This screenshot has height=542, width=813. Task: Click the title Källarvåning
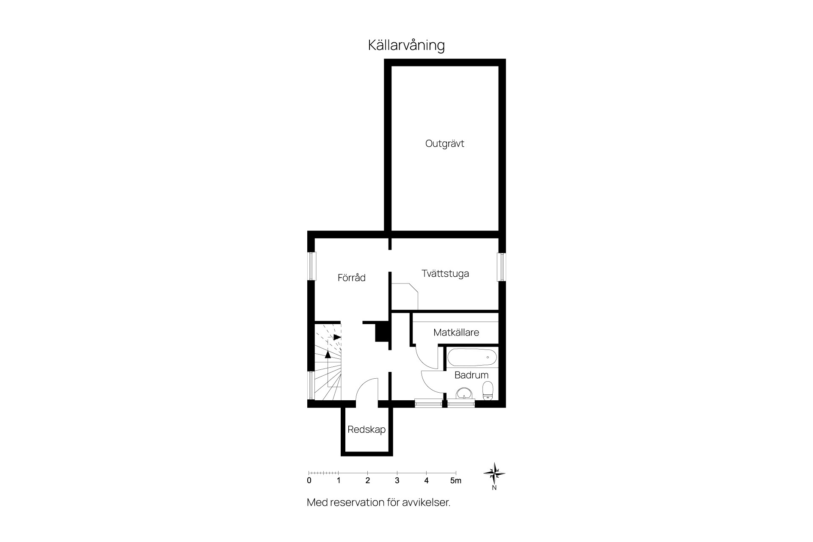pyautogui.click(x=406, y=45)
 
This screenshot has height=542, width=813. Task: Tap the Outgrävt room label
pyautogui.click(x=444, y=144)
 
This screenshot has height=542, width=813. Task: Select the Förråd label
pyautogui.click(x=351, y=278)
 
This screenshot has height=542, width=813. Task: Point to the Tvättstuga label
pyautogui.click(x=445, y=274)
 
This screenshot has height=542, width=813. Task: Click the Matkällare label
pyautogui.click(x=456, y=333)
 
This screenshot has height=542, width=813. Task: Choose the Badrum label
pyautogui.click(x=471, y=375)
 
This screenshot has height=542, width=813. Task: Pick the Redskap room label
pyautogui.click(x=367, y=430)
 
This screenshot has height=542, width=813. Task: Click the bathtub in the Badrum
pyautogui.click(x=472, y=358)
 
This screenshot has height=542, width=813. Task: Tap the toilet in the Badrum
pyautogui.click(x=488, y=390)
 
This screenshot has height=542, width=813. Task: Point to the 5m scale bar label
pyautogui.click(x=456, y=481)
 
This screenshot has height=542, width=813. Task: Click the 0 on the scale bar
pyautogui.click(x=309, y=481)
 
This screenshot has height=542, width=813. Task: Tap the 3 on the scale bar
pyautogui.click(x=397, y=481)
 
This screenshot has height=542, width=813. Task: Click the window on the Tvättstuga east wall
pyautogui.click(x=501, y=267)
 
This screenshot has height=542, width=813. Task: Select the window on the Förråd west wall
pyautogui.click(x=311, y=266)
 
